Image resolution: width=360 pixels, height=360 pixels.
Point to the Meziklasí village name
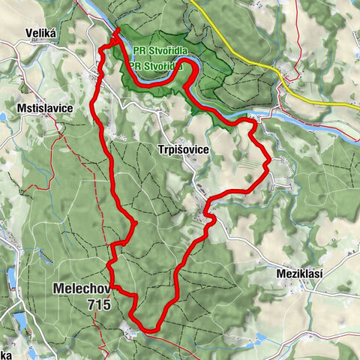[x=298, y=274]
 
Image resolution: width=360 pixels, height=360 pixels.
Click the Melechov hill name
[x=82, y=289]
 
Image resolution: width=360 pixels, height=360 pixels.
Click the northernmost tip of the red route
[x=118, y=30]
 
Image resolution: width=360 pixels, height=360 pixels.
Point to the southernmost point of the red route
[x=148, y=330]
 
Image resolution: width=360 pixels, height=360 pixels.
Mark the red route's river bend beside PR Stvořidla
[x=193, y=72]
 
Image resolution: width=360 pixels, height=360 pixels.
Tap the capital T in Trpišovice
[x=162, y=150]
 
